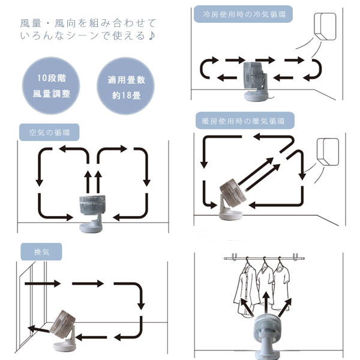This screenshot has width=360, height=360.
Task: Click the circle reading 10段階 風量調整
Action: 51,86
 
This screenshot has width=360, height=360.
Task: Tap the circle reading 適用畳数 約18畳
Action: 125,86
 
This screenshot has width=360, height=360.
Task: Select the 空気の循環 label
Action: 49,132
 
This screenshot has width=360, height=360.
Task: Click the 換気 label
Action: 41,251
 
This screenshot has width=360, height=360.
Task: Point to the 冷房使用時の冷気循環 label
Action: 244,14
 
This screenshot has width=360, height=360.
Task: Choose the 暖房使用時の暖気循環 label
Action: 245,121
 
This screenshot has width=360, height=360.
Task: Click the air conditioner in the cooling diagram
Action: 325,26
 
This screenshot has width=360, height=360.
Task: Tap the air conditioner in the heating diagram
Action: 328,152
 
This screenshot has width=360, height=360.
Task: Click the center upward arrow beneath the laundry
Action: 266,303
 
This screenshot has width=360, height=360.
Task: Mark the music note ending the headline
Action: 152,36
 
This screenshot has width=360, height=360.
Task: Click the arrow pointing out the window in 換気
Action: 38,329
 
